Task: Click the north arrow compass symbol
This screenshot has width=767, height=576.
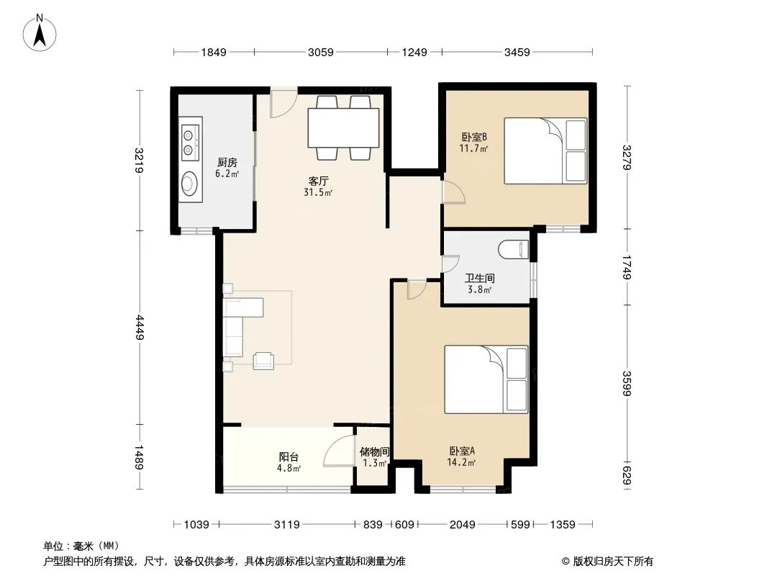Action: pos(40,33)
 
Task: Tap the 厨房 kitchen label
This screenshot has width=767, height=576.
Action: pos(227,162)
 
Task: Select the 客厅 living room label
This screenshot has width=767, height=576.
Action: pos(318,181)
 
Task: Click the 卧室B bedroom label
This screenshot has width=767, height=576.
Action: pos(474,137)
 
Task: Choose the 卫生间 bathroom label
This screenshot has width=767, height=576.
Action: pos(479,279)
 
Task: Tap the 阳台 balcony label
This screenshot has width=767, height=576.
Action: pos(289,457)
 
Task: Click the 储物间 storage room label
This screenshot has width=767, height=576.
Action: pos(375,451)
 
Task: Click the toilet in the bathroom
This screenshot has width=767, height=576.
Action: pos(514,250)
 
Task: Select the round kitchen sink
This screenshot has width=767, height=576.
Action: pos(189,184)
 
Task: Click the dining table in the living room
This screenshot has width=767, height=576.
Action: pos(343,127)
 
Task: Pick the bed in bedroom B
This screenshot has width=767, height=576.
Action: pos(545,150)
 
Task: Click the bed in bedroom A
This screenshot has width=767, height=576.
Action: pos(486,379)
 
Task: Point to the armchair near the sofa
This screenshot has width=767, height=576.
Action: pos(263,361)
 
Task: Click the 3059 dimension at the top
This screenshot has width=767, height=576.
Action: pos(321,52)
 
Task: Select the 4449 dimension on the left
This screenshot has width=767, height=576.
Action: pos(140,328)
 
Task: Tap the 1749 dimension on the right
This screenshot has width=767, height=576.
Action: pos(627,266)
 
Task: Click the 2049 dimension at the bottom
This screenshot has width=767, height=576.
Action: pos(462,525)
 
